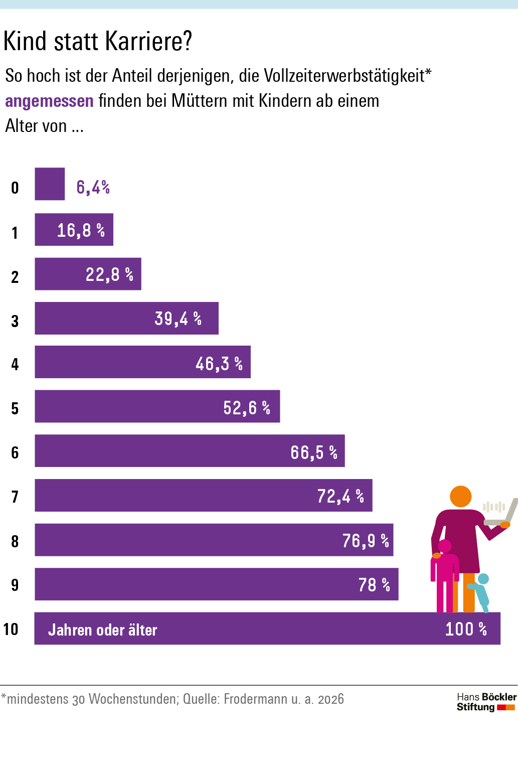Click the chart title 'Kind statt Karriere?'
click(x=98, y=41)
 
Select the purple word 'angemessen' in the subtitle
click(x=49, y=101)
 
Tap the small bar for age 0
click(x=50, y=184)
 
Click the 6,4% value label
click(x=93, y=187)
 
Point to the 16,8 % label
click(x=81, y=230)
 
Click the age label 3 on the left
click(x=15, y=321)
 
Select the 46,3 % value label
click(x=219, y=364)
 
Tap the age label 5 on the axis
click(x=15, y=409)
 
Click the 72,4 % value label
click(x=340, y=496)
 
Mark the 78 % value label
click(x=374, y=584)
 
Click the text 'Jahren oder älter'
click(x=103, y=630)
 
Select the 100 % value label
click(x=466, y=629)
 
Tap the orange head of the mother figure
click(x=460, y=497)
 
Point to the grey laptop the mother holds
click(x=506, y=514)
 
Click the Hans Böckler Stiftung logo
click(x=486, y=702)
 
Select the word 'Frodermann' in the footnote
click(x=255, y=699)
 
